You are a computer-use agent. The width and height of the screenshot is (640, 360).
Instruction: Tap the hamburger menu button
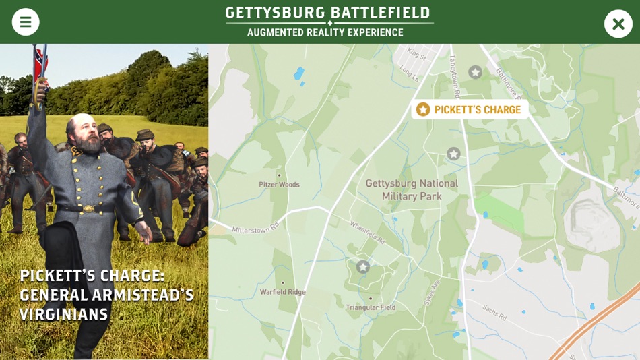26,22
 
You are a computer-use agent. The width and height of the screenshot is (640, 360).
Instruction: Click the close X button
618,24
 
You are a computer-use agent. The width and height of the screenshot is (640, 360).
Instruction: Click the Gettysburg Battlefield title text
327,13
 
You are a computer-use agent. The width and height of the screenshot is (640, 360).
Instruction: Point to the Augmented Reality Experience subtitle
325,32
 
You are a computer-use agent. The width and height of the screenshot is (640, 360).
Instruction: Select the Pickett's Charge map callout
470,109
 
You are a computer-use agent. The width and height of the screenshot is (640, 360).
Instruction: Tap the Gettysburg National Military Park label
412,189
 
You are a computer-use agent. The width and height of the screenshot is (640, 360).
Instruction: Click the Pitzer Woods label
279,184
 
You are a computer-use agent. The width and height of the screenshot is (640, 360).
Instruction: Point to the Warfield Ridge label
283,292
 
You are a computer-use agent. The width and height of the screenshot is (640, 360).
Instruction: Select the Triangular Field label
371,307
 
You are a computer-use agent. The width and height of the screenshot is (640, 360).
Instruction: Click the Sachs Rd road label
494,311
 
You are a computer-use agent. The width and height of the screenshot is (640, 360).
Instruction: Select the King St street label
417,54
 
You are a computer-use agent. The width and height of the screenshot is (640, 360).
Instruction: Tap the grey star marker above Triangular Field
363,267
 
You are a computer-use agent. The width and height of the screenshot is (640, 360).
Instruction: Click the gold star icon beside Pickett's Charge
423,109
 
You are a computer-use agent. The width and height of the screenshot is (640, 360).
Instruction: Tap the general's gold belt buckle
88,208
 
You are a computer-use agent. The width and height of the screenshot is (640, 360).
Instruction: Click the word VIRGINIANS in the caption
64,315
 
